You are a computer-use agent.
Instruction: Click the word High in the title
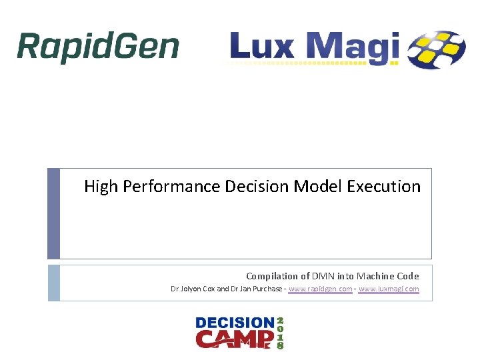point(101,187)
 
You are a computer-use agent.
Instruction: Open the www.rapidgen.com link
point(320,289)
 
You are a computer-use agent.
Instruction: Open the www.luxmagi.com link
point(389,289)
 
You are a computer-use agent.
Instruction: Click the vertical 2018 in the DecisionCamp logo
point(280,333)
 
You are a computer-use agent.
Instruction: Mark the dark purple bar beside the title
point(53,213)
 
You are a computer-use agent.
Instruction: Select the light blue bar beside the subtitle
point(53,283)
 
